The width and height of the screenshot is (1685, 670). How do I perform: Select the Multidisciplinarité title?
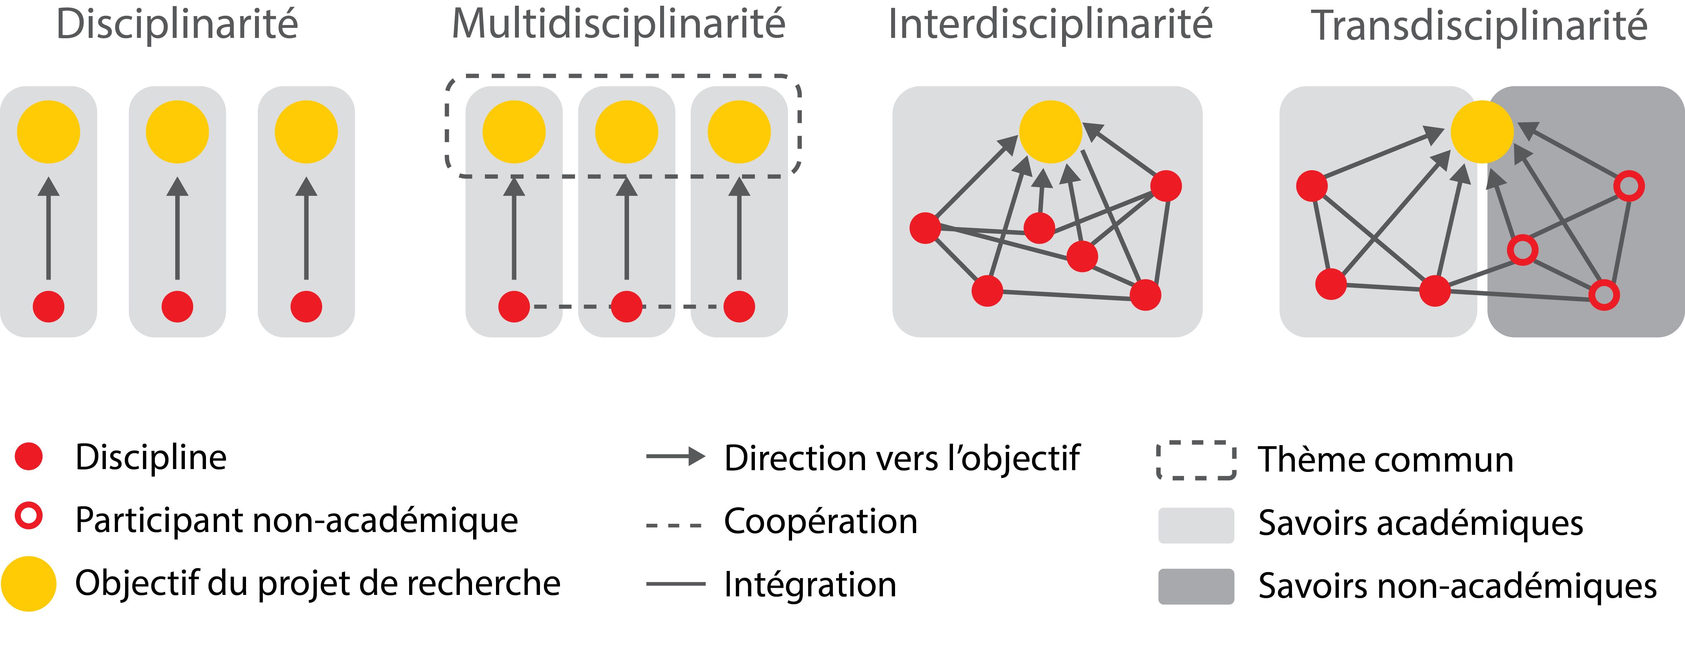pyautogui.click(x=618, y=25)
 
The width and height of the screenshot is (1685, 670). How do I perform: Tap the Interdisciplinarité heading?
pyautogui.click(x=1050, y=25)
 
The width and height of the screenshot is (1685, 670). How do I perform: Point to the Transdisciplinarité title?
pyautogui.click(x=1478, y=26)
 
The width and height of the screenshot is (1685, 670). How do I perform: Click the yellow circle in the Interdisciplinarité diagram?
pyautogui.click(x=1051, y=132)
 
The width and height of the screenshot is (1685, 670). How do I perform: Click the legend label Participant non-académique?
pyautogui.click(x=296, y=521)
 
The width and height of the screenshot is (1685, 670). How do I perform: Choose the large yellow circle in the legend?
pyautogui.click(x=29, y=583)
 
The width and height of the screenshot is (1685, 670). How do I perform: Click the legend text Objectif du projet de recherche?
pyautogui.click(x=318, y=583)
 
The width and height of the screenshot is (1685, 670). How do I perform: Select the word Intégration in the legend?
pyautogui.click(x=810, y=584)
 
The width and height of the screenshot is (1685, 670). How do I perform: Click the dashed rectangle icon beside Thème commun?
pyautogui.click(x=1196, y=460)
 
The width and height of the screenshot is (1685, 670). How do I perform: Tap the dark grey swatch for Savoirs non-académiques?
pyautogui.click(x=1196, y=586)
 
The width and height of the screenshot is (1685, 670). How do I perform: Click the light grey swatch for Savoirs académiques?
pyautogui.click(x=1196, y=525)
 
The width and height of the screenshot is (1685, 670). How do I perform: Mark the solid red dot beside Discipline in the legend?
pyautogui.click(x=29, y=456)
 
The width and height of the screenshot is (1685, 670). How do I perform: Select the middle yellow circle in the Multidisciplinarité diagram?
pyautogui.click(x=626, y=132)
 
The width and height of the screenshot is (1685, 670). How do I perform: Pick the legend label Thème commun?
pyautogui.click(x=1385, y=460)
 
